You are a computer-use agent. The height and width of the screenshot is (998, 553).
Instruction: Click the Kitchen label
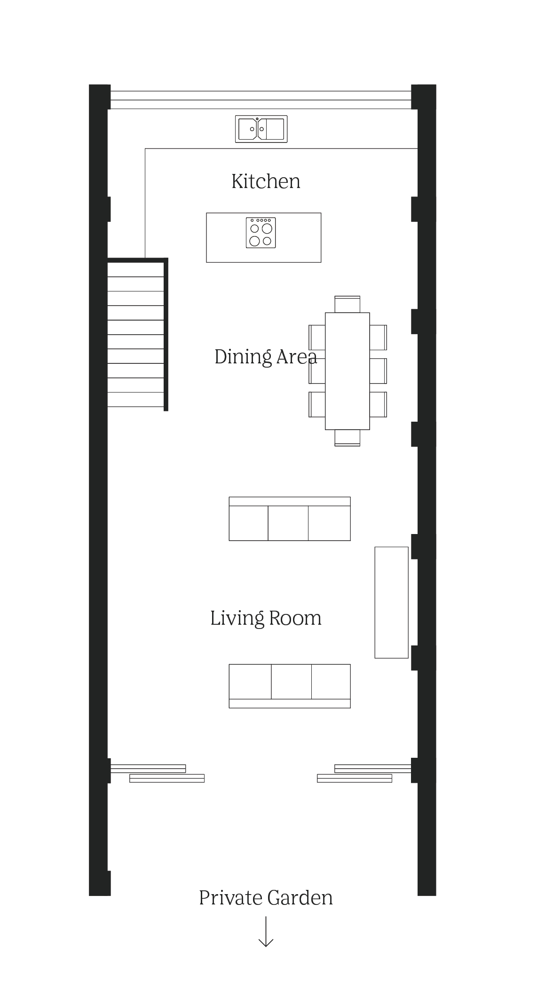pyautogui.click(x=266, y=181)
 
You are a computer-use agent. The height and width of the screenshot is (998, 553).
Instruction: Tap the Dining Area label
pyautogui.click(x=266, y=357)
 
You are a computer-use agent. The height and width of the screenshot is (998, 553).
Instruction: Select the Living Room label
pyautogui.click(x=266, y=618)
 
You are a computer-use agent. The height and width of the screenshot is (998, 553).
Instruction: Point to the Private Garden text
pyautogui.click(x=266, y=898)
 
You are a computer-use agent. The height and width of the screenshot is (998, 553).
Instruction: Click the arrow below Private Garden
pyautogui.click(x=266, y=932)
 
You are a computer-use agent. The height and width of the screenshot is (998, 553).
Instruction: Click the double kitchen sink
pyautogui.click(x=261, y=129)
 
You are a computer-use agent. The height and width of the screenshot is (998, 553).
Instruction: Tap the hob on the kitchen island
pyautogui.click(x=261, y=233)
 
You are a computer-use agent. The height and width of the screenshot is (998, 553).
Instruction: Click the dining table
pyautogui.click(x=348, y=371)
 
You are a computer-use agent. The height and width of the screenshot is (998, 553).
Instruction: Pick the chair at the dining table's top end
pyautogui.click(x=348, y=304)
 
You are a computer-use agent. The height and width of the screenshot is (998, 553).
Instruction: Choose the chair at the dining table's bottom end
pyautogui.click(x=348, y=438)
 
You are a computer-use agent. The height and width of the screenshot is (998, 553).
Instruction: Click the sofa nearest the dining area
pyautogui.click(x=290, y=519)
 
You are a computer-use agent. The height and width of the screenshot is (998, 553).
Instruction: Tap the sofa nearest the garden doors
pyautogui.click(x=290, y=686)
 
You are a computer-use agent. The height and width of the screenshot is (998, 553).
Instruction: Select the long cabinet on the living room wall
pyautogui.click(x=391, y=602)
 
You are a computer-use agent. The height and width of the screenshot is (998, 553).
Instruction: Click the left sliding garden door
pyautogui.click(x=158, y=773)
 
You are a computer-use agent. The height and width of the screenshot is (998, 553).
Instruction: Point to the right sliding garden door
pyautogui.click(x=364, y=773)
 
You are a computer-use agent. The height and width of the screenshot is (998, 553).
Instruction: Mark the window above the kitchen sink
pyautogui.click(x=261, y=100)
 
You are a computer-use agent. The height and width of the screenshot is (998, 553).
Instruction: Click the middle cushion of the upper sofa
pyautogui.click(x=288, y=523)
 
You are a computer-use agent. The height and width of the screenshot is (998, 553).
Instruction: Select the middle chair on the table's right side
pyautogui.click(x=378, y=371)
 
